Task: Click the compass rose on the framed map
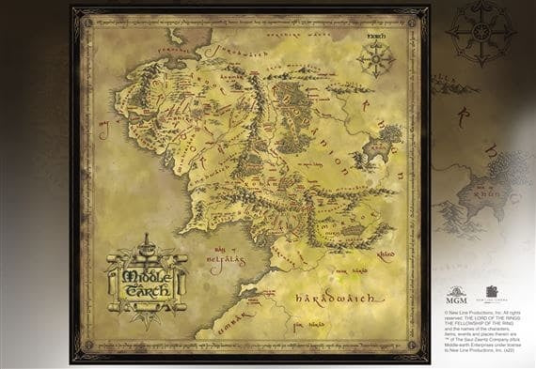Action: click(x=375, y=59)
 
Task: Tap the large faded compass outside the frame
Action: click(x=480, y=33)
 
